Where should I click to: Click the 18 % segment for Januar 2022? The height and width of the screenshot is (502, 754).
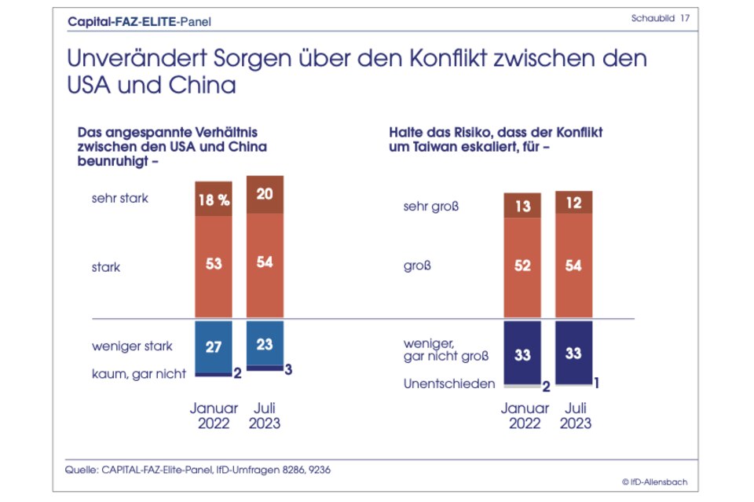click(x=214, y=199)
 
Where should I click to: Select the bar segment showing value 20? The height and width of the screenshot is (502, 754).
click(x=265, y=194)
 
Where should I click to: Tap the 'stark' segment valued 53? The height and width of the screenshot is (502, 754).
click(x=214, y=263)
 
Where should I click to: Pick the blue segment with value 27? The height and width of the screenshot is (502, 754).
click(x=214, y=346)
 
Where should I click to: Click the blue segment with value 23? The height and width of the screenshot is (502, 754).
click(x=265, y=343)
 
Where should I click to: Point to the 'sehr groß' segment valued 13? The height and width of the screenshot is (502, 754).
click(x=522, y=206)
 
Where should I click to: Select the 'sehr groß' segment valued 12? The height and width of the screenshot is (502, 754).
click(x=573, y=203)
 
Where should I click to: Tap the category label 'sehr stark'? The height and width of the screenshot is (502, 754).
click(x=120, y=198)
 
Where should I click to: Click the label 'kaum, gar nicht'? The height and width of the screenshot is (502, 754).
click(x=139, y=374)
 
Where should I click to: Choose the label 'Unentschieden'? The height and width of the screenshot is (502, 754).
click(x=450, y=384)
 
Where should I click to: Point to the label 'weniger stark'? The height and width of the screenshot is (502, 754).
click(x=132, y=346)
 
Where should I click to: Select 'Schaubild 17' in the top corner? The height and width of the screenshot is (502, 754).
click(x=660, y=17)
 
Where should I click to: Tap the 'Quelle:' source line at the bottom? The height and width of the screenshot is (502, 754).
click(x=197, y=469)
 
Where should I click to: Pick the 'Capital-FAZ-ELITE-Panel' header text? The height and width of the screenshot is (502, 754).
click(x=140, y=22)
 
